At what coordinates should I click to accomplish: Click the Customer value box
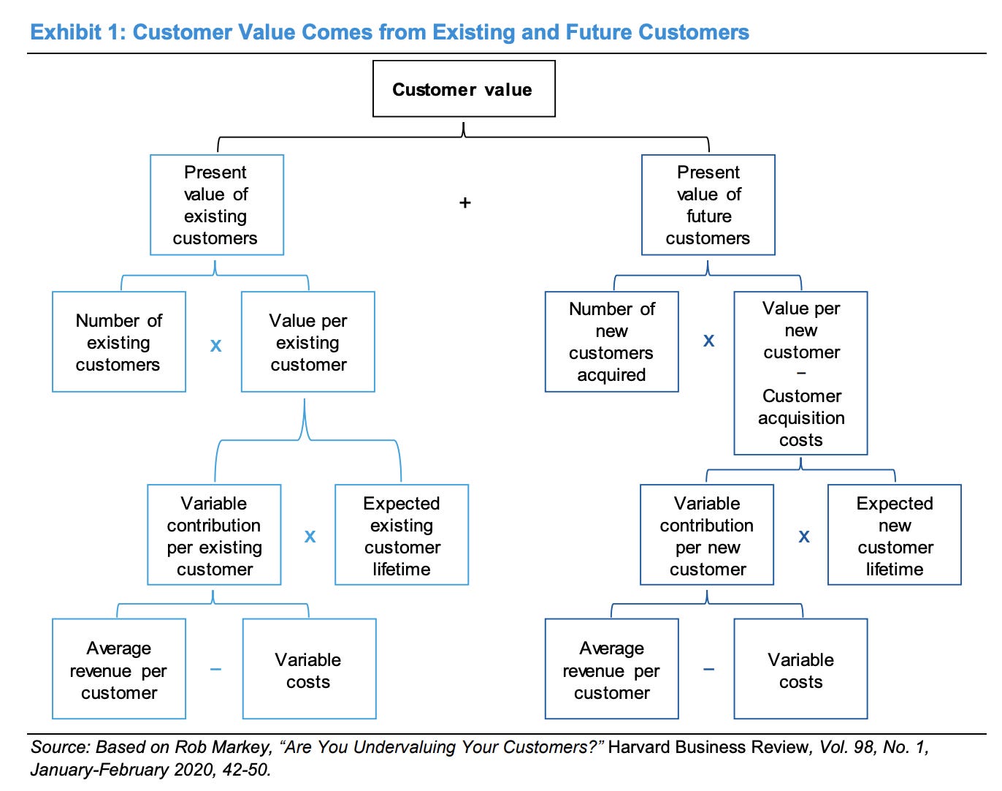pyautogui.click(x=464, y=88)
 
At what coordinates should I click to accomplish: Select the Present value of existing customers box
pyautogui.click(x=216, y=205)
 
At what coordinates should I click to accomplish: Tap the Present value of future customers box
pyautogui.click(x=708, y=205)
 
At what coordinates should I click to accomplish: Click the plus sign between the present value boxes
pyautogui.click(x=464, y=203)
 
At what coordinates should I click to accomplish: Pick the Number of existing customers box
pyautogui.click(x=119, y=341)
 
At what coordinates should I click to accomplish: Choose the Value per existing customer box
pyautogui.click(x=307, y=341)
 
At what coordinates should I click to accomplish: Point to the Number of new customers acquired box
pyautogui.click(x=612, y=341)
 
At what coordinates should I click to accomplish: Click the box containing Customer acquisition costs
pyautogui.click(x=801, y=373)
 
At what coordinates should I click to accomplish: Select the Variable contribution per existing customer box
pyautogui.click(x=214, y=534)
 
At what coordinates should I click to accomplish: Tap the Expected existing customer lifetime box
pyautogui.click(x=402, y=534)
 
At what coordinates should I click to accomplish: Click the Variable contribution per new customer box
pyautogui.click(x=707, y=534)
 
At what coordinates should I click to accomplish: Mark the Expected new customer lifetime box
pyautogui.click(x=895, y=534)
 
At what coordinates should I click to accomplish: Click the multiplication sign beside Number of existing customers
pyautogui.click(x=215, y=345)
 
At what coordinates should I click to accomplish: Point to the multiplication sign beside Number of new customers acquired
pyautogui.click(x=708, y=341)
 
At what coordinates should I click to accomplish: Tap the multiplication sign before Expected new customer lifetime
pyautogui.click(x=804, y=537)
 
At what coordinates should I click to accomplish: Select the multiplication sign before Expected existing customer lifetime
pyautogui.click(x=310, y=537)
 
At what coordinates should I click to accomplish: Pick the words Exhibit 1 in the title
pyautogui.click(x=78, y=32)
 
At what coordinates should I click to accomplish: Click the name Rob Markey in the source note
pyautogui.click(x=223, y=746)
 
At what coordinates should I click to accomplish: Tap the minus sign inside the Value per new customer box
pyautogui.click(x=801, y=374)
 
